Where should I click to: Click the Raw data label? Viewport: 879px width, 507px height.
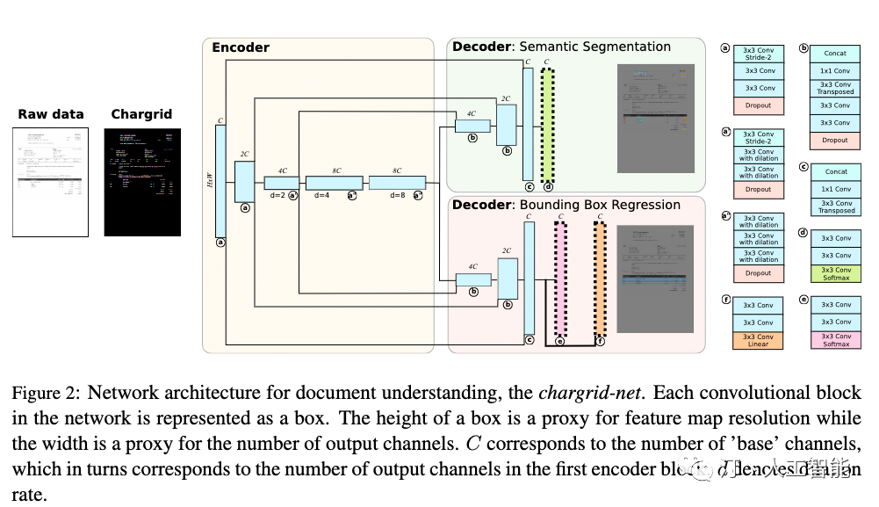coord(51,114)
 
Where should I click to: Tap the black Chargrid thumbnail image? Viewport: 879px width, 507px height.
coord(141,183)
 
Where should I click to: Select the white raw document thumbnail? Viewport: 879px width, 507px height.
coord(51,183)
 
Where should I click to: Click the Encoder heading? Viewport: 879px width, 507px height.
coord(240,47)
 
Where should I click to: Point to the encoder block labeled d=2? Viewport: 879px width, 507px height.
coord(282,183)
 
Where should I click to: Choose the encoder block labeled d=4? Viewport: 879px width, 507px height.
coord(334,183)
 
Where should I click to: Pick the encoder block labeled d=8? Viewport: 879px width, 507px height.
coord(397,183)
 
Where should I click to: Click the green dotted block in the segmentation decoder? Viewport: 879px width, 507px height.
coord(548,124)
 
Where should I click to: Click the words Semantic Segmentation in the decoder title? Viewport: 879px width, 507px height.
coord(595,47)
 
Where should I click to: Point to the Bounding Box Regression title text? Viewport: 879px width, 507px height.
coord(600,205)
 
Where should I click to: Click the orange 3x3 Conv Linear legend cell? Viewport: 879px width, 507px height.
coord(760,340)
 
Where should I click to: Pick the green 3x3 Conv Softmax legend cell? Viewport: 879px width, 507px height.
coord(835,273)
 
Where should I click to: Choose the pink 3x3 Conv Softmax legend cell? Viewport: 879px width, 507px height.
coord(835,340)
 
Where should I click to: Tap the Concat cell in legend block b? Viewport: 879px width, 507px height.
coord(835,53)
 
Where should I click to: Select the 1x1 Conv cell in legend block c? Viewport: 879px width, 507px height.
coord(835,189)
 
